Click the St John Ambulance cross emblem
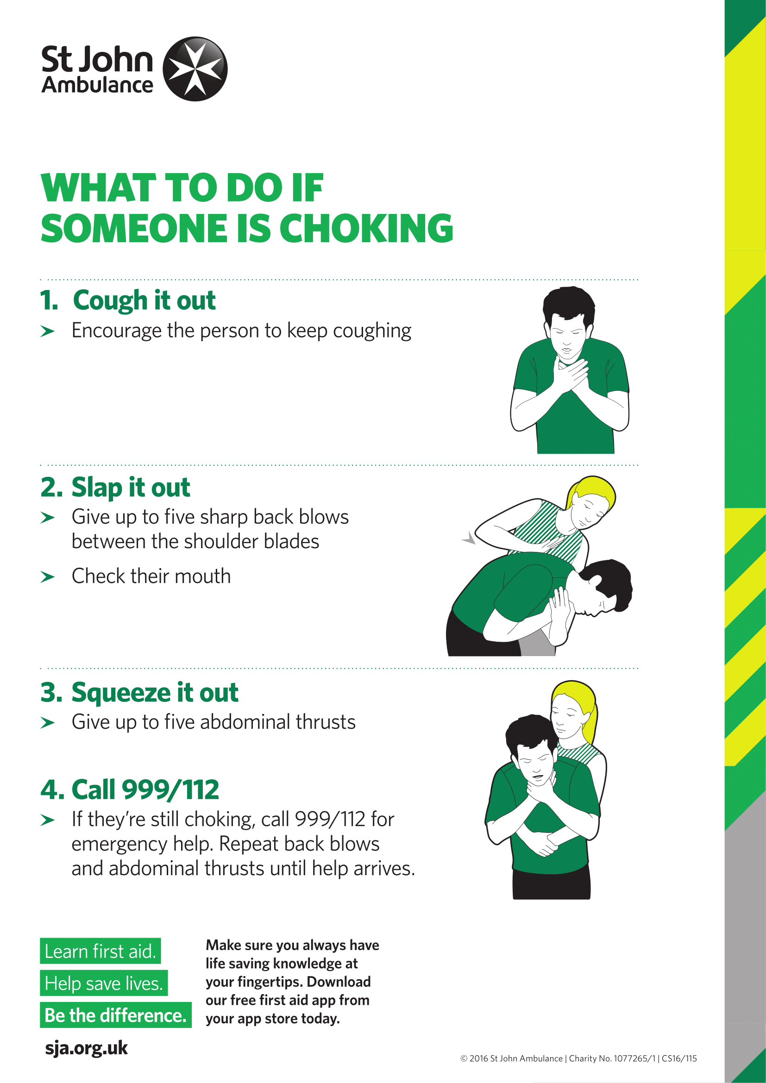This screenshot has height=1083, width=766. coord(195,69)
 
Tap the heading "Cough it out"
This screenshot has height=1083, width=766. coord(144,300)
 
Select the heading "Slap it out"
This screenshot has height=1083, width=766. coord(131,487)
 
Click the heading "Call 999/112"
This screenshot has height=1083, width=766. coord(145,789)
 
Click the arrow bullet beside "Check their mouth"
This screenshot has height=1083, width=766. coord(48,577)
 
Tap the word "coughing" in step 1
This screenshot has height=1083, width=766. coord(372,331)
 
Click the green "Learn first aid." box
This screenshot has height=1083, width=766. coord(100,951)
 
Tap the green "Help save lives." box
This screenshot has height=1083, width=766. coord(104,983)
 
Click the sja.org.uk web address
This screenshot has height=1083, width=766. coord(86,1048)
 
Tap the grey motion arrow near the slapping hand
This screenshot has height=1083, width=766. coord(469,538)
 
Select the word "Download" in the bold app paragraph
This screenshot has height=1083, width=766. coord(338,982)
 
